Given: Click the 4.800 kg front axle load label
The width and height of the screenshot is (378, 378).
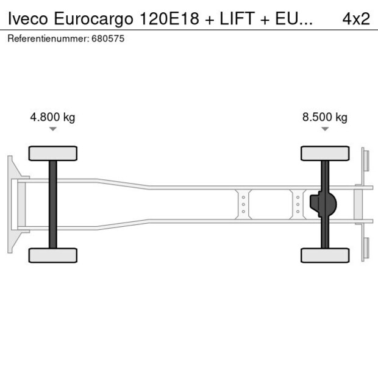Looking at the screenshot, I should coord(52,118).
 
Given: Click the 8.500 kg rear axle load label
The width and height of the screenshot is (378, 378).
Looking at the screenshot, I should coord(325,118).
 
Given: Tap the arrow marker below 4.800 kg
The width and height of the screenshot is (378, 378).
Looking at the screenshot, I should coord(53,129).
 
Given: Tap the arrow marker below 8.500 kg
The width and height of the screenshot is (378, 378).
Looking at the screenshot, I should coord(325,129).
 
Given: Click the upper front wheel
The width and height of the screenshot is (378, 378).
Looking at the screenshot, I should coord(53,153).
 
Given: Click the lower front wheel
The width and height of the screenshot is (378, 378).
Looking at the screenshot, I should coord(53,255).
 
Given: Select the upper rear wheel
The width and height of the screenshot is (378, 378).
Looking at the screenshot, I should coord(325,153).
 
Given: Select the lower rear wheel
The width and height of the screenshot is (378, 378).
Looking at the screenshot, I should coord(325,255).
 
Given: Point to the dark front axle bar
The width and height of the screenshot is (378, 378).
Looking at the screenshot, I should coord(53,204).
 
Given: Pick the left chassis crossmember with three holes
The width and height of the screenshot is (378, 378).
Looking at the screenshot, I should coord(243,204).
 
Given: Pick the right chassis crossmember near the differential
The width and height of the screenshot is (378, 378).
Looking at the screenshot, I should coord(298,204).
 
